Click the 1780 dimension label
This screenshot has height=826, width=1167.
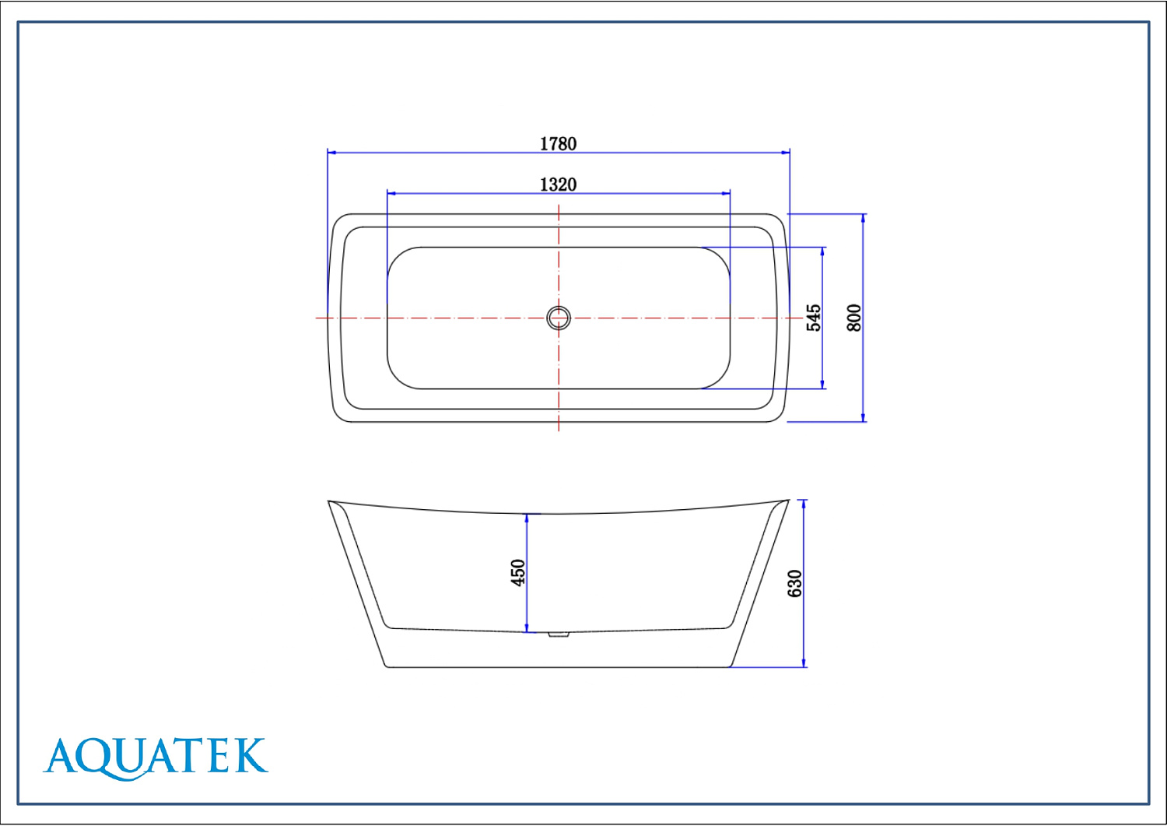click(558, 143)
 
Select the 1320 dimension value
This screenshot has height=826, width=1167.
click(558, 185)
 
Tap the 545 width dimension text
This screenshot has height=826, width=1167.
click(813, 318)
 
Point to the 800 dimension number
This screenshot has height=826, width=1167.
click(854, 318)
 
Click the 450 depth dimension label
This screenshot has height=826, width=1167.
click(518, 572)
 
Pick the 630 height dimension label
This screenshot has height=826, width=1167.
click(794, 584)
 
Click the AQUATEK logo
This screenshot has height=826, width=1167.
click(156, 758)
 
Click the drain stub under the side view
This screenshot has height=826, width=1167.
click(559, 634)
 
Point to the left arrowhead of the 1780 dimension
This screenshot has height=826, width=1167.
click(332, 153)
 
